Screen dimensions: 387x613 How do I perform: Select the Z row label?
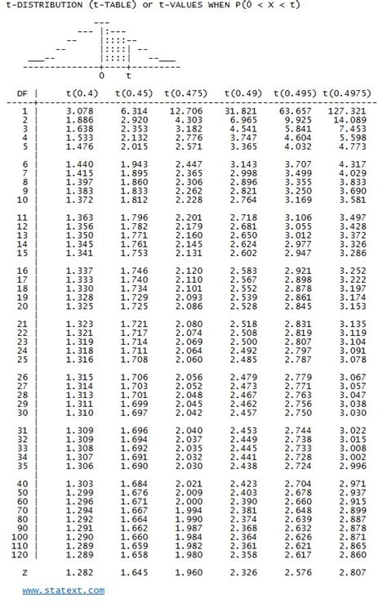coord(25,574)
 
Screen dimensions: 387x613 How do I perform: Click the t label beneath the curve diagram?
coord(128,75)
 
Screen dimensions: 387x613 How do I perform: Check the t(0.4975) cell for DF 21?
coord(353,324)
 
